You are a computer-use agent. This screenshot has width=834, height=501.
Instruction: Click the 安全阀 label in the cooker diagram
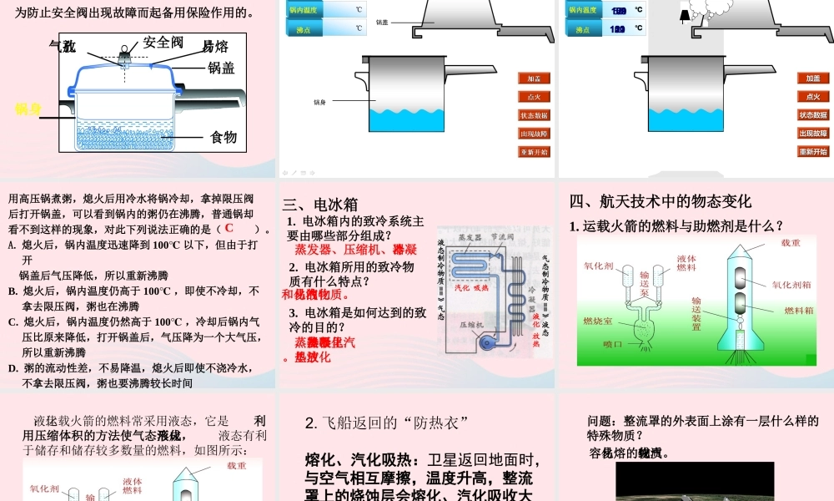tap(163, 42)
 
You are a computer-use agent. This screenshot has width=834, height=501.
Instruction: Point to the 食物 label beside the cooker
tap(224, 137)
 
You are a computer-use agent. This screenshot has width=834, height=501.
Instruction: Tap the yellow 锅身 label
tap(28, 109)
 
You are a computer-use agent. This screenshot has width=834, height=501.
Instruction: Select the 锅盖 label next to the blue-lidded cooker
tap(222, 68)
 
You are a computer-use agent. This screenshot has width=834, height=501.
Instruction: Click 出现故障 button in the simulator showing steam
tap(813, 134)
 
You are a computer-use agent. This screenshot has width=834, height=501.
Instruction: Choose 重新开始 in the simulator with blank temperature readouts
tap(534, 152)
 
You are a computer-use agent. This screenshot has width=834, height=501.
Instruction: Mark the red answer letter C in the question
tap(228, 228)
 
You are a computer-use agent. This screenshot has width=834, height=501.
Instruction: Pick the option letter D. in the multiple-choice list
tap(13, 368)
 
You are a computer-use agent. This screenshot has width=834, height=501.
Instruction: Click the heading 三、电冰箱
tap(320, 205)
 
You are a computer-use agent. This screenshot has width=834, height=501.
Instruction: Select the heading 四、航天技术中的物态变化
tap(661, 201)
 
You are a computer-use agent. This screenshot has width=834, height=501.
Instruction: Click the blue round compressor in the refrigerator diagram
tap(482, 342)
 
